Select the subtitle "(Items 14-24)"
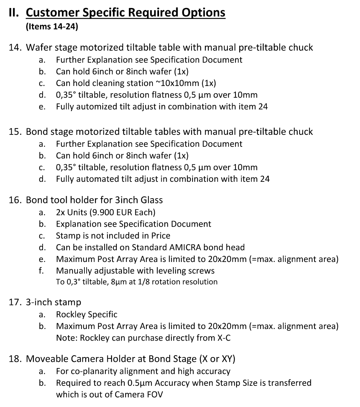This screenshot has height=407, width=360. pyautogui.click(x=51, y=27)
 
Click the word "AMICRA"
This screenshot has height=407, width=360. pyautogui.click(x=186, y=247)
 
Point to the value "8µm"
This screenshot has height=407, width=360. pyautogui.click(x=116, y=282)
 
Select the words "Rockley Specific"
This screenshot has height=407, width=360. pyautogui.click(x=87, y=314)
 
